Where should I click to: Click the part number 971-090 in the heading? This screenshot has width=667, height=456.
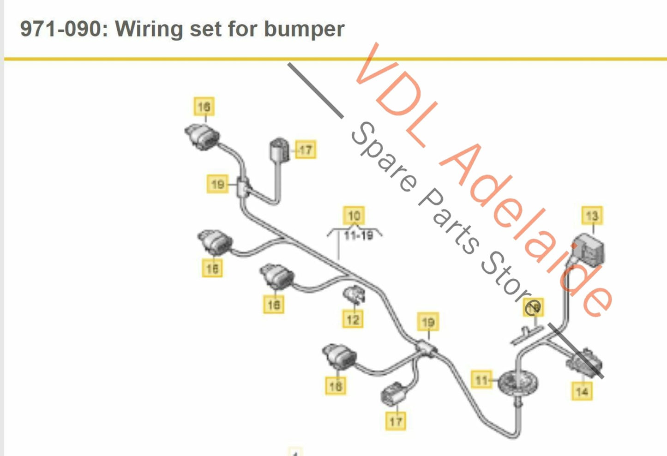(60, 29)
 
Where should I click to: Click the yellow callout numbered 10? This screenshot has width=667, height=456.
(354, 216)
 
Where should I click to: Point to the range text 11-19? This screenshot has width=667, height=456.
(359, 236)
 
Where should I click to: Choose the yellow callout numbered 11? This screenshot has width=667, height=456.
(481, 380)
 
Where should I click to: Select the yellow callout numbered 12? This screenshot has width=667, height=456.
(353, 319)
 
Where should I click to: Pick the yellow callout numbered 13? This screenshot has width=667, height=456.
(592, 216)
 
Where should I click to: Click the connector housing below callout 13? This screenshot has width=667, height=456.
(589, 252)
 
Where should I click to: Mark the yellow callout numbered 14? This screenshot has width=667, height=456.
(582, 392)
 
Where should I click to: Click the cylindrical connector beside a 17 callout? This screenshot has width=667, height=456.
(279, 149)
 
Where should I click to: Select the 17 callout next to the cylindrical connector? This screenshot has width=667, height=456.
(306, 150)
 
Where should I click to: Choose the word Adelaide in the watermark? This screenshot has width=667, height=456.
(526, 231)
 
